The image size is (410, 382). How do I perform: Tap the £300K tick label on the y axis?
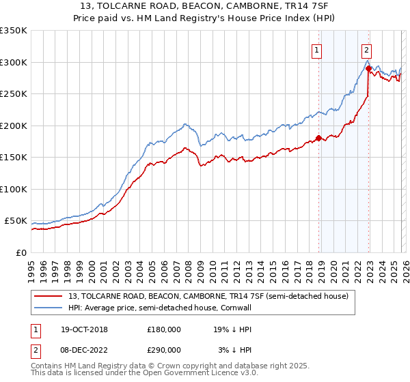point(14,62)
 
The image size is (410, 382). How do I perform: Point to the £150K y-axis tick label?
point(14,157)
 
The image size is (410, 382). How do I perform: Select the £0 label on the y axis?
point(20,252)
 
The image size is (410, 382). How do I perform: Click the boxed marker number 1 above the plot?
point(318,48)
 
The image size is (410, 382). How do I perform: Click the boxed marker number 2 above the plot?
point(366,48)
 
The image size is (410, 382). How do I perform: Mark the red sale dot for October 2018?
point(318,139)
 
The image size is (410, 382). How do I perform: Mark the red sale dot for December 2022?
point(368,68)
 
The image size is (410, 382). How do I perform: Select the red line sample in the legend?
point(49,296)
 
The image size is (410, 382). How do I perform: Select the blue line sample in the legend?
point(49,308)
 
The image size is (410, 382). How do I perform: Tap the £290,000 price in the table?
point(163,349)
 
